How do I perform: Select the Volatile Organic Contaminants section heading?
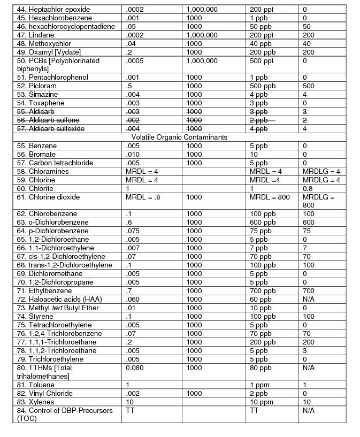point(179,137)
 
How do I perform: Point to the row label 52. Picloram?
point(41,86)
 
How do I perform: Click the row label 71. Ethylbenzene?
point(48,291)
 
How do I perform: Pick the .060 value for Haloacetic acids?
point(134,300)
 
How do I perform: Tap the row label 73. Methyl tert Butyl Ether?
point(58,308)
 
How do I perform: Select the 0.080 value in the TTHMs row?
point(135,368)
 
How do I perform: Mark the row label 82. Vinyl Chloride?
point(48,394)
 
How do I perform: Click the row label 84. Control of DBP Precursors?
point(65,415)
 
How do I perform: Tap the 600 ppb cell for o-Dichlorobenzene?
point(263,223)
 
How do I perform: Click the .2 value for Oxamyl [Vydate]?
point(129,52)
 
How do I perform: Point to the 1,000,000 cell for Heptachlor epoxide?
point(202,10)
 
